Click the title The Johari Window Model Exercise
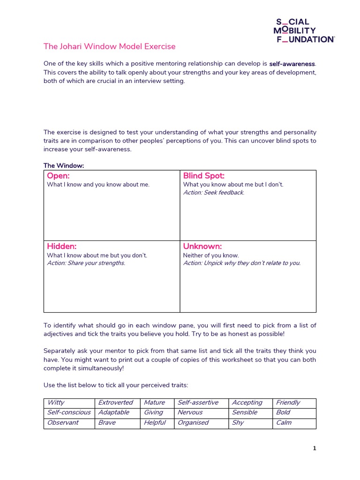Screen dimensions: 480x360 (109, 46)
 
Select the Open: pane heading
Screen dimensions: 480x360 (58, 176)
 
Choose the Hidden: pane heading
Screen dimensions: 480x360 (61, 246)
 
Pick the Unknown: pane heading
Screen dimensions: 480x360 (202, 246)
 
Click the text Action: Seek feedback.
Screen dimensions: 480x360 (213, 193)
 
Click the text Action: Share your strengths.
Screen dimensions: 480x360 (86, 263)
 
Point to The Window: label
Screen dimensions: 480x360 (64, 165)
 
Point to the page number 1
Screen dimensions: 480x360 (315, 448)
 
